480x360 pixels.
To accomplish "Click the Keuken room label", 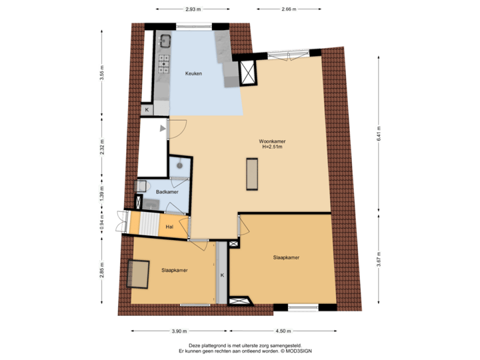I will pos(194,73).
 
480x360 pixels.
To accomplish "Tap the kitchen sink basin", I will pos(164,40).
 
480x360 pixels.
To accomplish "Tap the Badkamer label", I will pos(166,192).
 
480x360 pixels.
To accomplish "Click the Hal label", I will pos(170,227).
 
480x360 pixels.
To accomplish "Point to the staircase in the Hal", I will pos(147,223).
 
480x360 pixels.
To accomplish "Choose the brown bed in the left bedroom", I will pos(140,273).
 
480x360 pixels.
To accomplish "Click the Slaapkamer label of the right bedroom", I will pos(285,257).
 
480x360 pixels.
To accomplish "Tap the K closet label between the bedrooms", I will pos(223,275).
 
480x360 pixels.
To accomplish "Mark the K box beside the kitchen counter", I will pos(147,109).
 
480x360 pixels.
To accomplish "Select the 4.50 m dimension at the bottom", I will pos(284,331).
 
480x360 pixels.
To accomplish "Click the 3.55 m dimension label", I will pos(102,72).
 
